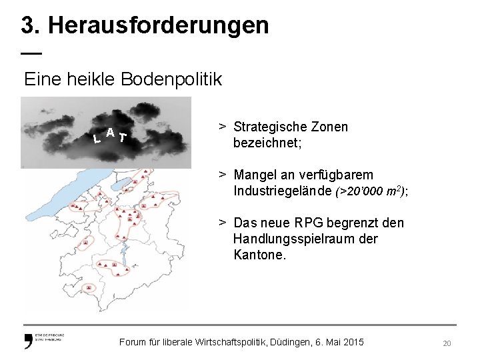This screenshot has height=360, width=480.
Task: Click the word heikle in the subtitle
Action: [x=91, y=80]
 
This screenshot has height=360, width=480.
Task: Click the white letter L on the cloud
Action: [x=97, y=139]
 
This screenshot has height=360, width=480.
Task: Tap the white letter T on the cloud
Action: [x=122, y=138]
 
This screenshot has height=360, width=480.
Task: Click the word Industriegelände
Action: [x=283, y=191]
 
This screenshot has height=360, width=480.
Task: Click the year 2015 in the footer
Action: [x=353, y=342]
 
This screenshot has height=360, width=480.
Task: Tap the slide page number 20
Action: [x=447, y=343]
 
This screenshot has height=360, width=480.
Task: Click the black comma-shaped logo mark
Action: [x=28, y=342]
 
